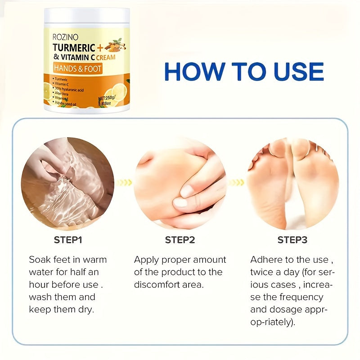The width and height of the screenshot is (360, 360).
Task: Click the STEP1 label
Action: [x=68, y=240]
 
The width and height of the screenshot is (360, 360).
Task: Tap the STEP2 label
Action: [x=180, y=240]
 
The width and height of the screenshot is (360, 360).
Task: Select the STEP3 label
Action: [x=292, y=240]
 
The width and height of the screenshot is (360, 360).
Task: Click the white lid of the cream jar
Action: [x=86, y=17]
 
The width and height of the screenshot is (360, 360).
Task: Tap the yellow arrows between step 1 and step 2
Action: [x=124, y=182]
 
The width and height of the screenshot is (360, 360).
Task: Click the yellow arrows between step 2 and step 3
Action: [x=237, y=182]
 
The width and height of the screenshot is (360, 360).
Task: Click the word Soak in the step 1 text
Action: [x=40, y=260]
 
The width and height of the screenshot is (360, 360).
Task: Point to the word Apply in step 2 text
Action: [x=147, y=260]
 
